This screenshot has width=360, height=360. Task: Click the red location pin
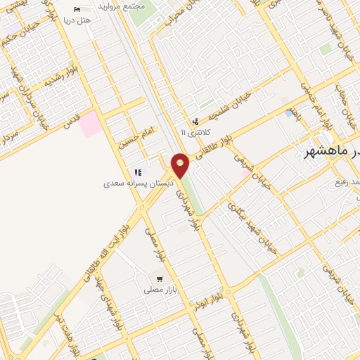coord(180,166)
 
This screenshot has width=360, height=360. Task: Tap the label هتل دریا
coord(78,20)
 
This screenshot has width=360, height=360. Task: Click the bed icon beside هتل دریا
coord(77,9)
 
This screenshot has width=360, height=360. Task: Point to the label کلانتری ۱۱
coord(193,131)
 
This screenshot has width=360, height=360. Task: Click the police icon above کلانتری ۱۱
coord(195,121)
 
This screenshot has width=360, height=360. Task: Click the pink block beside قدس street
coord(89,124)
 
